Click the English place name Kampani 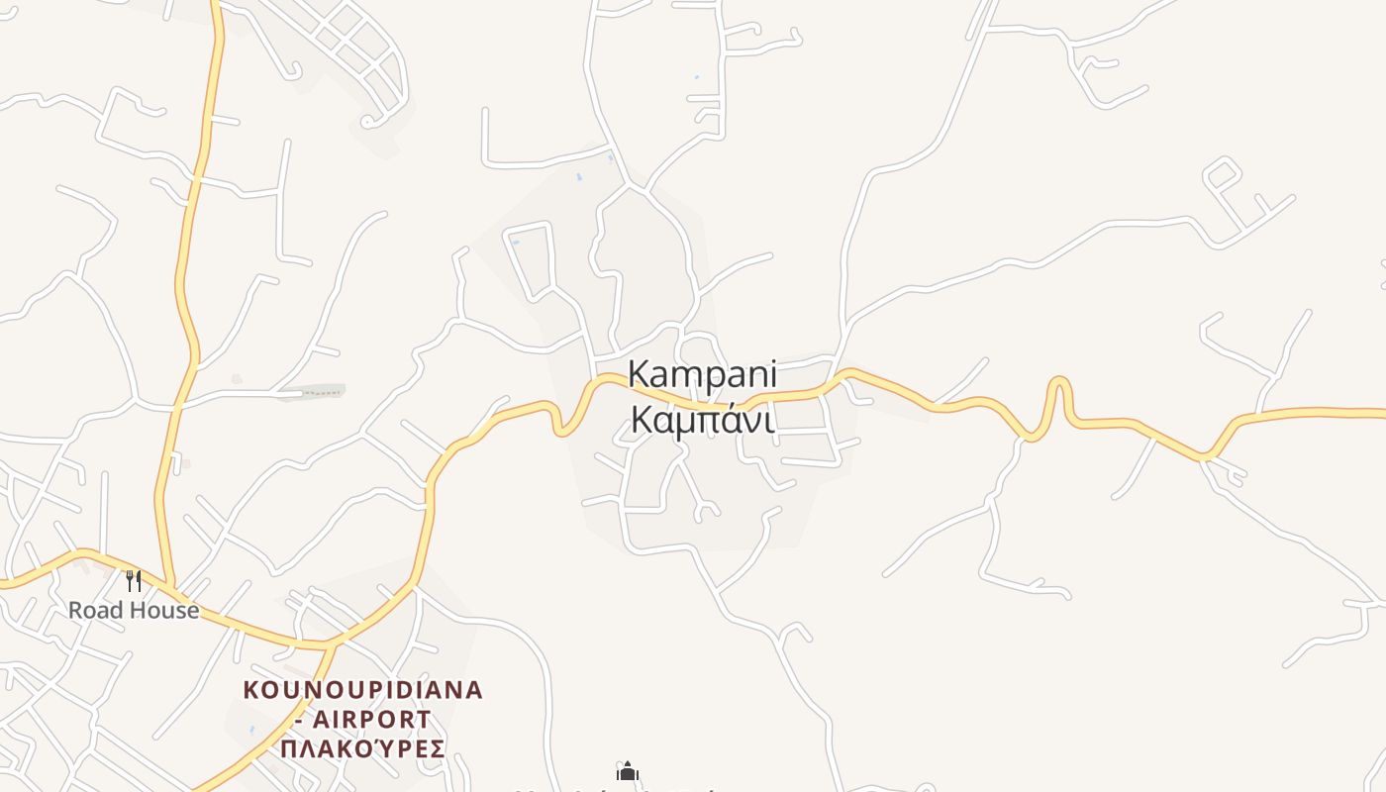tap(702, 375)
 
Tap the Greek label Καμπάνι tap(702, 420)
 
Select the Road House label tap(134, 610)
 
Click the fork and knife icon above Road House tap(134, 580)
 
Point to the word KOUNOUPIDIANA tap(363, 690)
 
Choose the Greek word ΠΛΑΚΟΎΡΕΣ tap(363, 748)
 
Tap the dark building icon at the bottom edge tap(627, 771)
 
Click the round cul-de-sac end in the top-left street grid tap(367, 122)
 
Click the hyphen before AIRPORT tap(300, 720)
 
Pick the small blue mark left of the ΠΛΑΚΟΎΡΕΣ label tap(252, 730)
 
